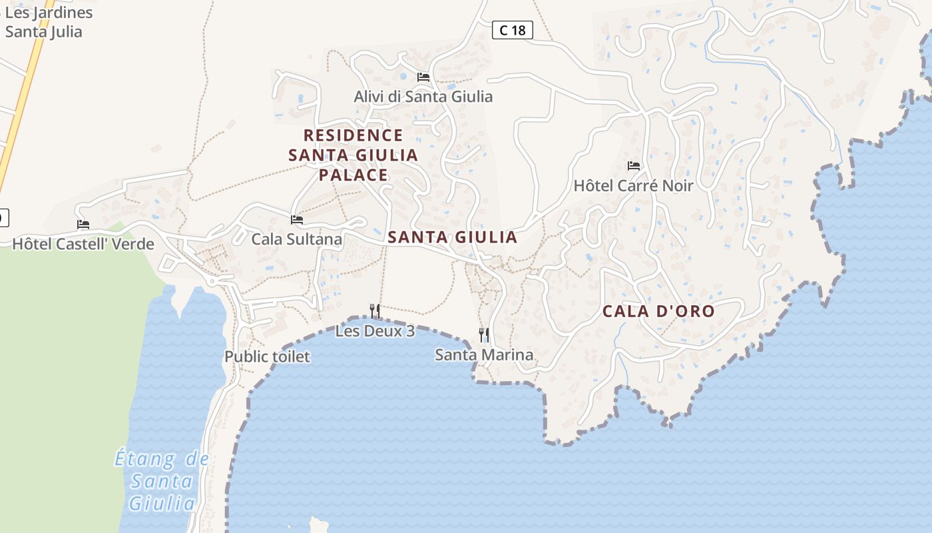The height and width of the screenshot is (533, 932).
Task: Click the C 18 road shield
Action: pos(513,30)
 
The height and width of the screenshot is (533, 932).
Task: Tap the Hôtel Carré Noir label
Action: pos(633,186)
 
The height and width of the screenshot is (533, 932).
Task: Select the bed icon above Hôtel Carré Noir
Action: pos(633,166)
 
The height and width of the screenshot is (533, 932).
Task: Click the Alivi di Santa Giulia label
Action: pos(423,97)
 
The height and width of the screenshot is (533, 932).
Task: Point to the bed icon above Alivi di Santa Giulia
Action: pos(423,77)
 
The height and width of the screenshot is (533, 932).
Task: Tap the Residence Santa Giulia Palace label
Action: pos(353,155)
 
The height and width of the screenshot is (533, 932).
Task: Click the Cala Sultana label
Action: pos(296,239)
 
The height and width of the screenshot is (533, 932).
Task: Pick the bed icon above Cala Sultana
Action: pos(297,219)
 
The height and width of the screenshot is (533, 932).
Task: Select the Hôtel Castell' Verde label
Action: pos(83,244)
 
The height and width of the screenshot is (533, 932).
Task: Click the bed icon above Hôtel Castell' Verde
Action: pos(83,225)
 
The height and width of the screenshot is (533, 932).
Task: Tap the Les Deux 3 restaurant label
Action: pos(375,330)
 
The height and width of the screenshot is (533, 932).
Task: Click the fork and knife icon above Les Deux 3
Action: pos(375,310)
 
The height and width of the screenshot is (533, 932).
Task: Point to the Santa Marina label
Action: pos(484,354)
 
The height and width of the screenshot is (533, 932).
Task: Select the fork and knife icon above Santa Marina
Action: pos(484,334)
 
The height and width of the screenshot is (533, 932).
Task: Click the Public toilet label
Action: pos(267,356)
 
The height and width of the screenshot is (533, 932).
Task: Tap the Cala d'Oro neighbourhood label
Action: pos(658,311)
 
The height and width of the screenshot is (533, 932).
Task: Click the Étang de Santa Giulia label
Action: pos(162,481)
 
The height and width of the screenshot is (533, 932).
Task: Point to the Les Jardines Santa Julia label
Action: pos(47,22)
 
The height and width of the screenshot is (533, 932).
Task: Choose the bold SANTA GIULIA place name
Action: pos(452,237)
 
